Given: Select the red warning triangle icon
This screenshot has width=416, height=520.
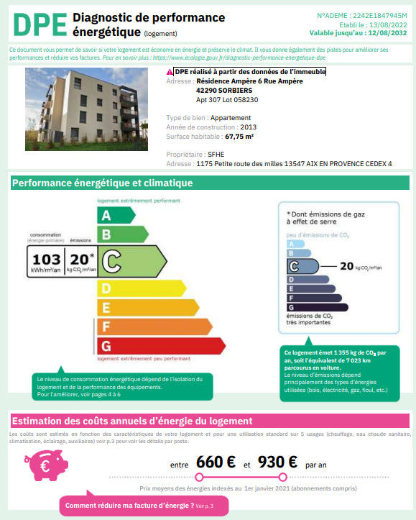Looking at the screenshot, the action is pos(170,73).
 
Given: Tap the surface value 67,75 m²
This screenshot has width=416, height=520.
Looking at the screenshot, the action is pos(245,135).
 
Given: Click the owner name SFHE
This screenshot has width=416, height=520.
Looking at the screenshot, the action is pos(216,155).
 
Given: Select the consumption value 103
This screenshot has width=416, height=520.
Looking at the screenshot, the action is pos(46,259).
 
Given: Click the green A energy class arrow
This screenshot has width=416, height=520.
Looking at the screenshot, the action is pos(115,215).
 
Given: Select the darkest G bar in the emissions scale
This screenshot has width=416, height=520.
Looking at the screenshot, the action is pos(315,307).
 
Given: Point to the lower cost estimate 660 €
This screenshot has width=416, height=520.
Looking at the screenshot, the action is pos(217,462).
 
